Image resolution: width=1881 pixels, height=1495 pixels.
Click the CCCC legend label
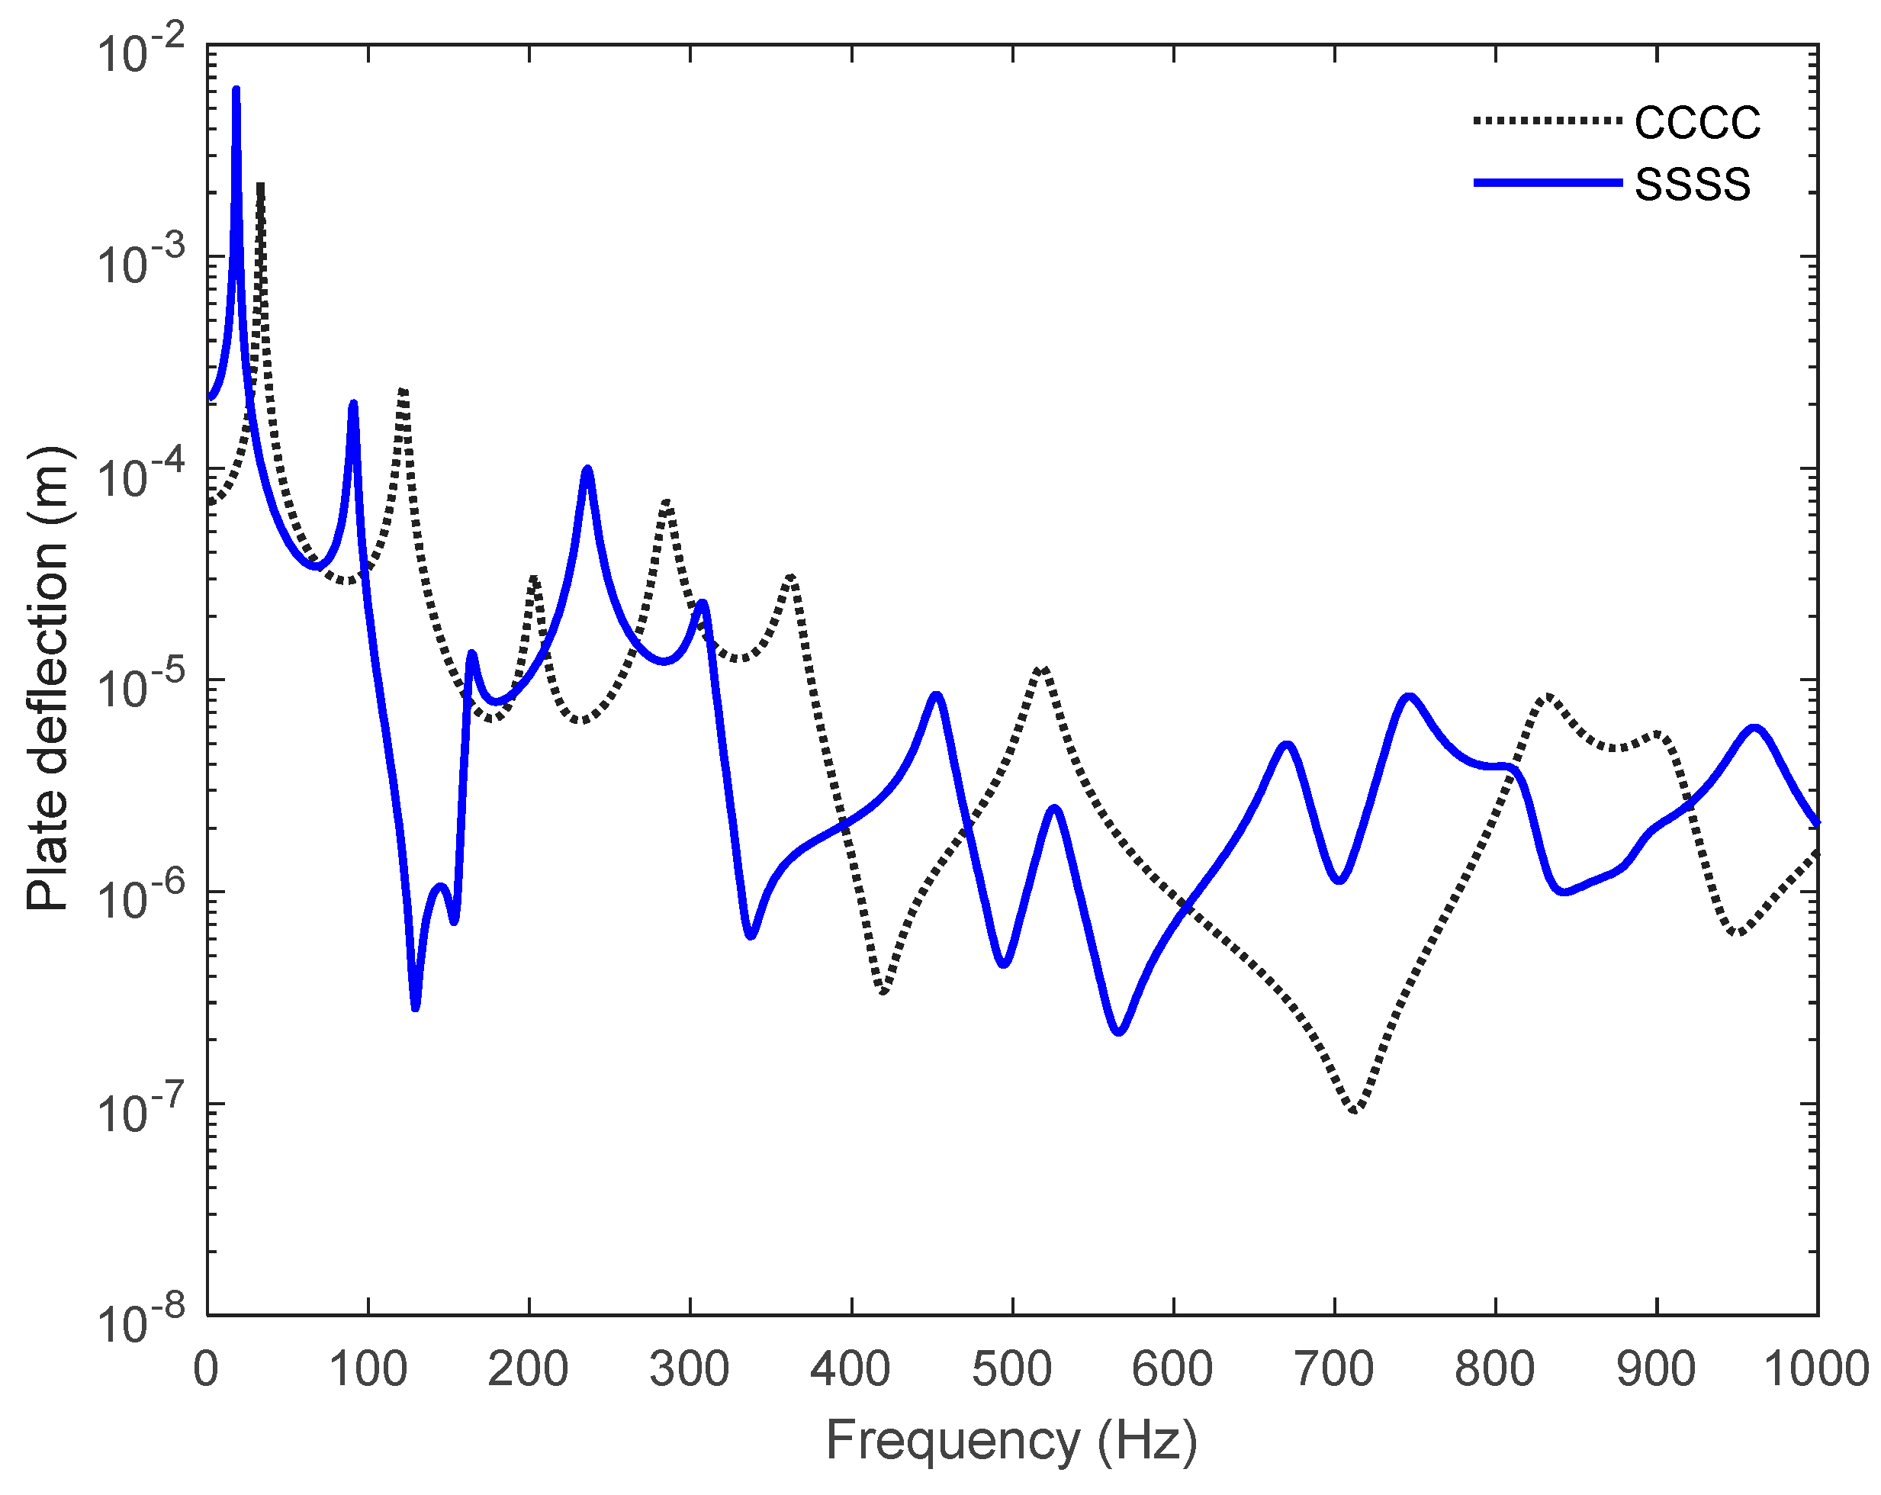point(1697,123)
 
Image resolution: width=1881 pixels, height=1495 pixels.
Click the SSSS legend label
point(1692,185)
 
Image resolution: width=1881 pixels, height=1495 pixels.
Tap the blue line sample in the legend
point(1547,183)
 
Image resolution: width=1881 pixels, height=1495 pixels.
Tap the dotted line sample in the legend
point(1547,121)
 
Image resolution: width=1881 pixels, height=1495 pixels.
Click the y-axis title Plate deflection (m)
point(47,680)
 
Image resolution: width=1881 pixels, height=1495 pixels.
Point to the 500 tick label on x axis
point(1011,1368)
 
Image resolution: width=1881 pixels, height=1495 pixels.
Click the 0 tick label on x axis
point(207,1368)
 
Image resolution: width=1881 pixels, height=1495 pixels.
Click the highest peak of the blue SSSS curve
point(236,90)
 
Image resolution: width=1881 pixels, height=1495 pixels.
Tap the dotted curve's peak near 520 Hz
point(1043,668)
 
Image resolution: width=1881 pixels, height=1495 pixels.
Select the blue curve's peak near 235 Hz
point(587,469)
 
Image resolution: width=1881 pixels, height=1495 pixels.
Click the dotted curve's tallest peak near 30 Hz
point(260,186)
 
